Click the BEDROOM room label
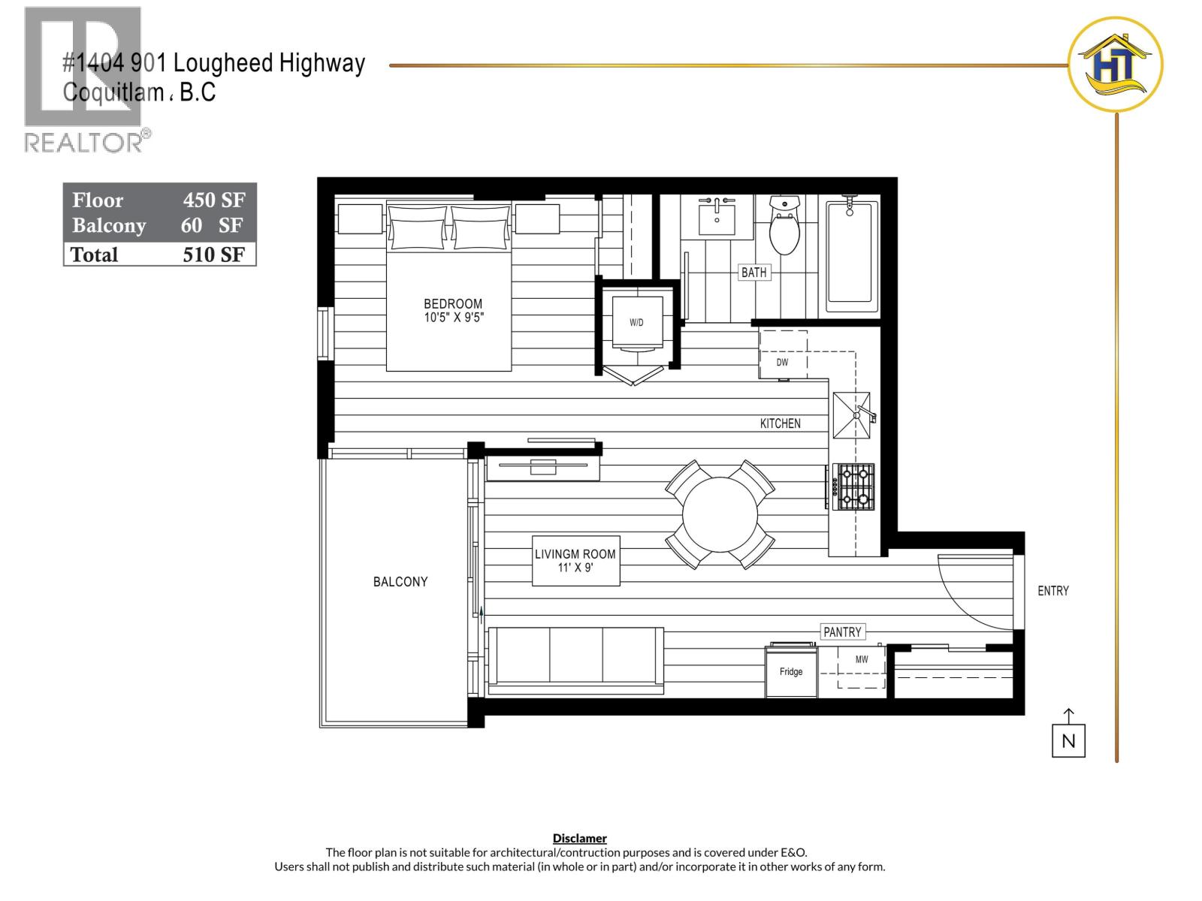[x=453, y=304]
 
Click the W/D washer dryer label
[x=636, y=323]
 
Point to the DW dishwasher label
[x=782, y=363]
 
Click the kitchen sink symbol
[x=852, y=415]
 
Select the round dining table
[x=720, y=514]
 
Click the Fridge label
[x=790, y=672]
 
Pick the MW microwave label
[x=862, y=660]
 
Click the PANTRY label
[x=842, y=632]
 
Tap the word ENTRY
[x=1053, y=591]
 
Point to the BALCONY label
[x=400, y=582]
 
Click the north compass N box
[x=1068, y=741]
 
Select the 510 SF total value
[x=213, y=255]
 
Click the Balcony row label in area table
[x=109, y=226]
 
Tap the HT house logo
[x=1115, y=65]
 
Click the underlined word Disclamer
[x=579, y=838]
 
